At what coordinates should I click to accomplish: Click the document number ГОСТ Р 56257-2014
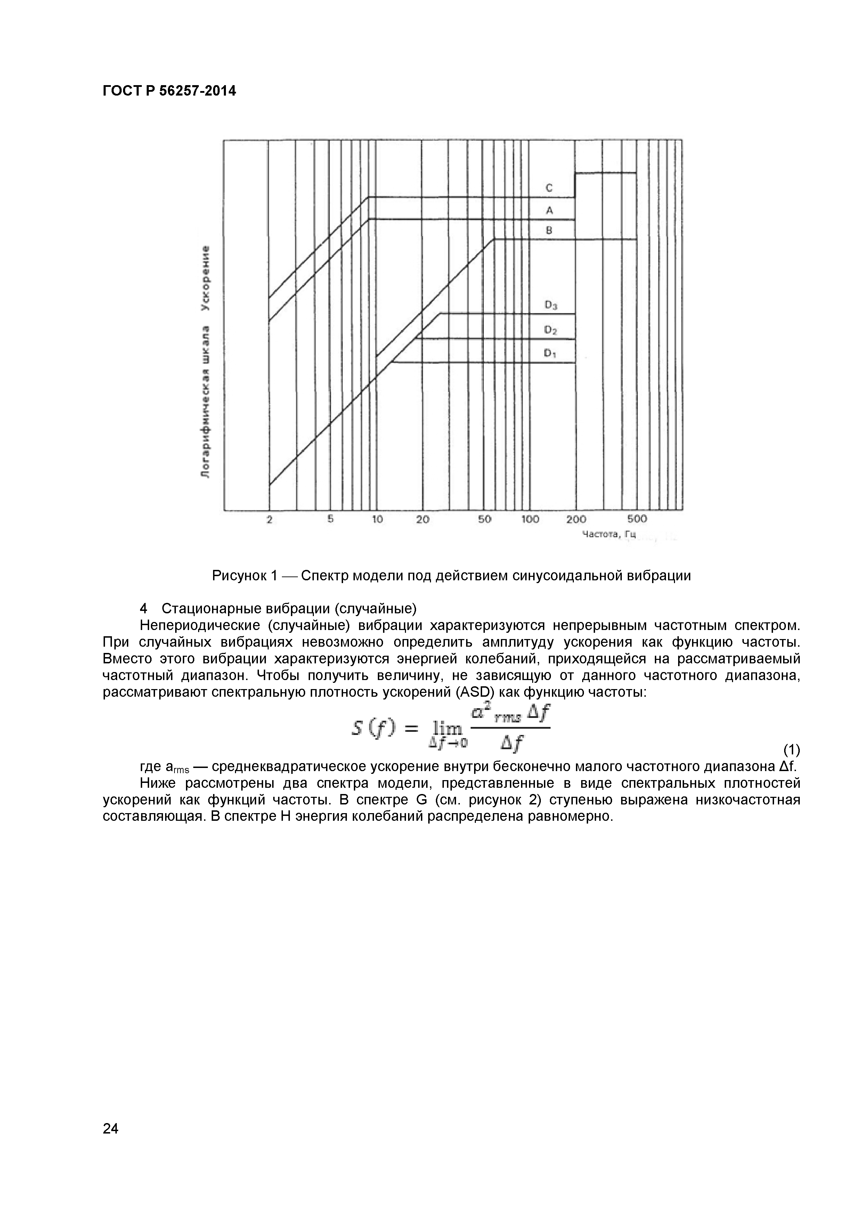pos(169,91)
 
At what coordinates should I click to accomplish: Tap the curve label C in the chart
pos(549,188)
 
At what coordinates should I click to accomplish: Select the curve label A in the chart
pos(549,210)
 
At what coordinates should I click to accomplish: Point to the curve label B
pos(549,230)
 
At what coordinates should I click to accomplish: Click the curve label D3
pos(551,305)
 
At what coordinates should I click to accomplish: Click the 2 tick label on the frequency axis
pos(269,520)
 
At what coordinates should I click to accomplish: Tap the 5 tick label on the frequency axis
pos(330,519)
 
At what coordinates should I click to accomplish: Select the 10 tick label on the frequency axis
pos(377,519)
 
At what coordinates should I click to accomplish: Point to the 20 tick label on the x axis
pos(422,519)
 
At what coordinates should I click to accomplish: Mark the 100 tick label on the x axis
pos(530,519)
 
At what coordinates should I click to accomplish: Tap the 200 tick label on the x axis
pos(576,519)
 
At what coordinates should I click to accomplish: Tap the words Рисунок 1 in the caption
pos(245,575)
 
